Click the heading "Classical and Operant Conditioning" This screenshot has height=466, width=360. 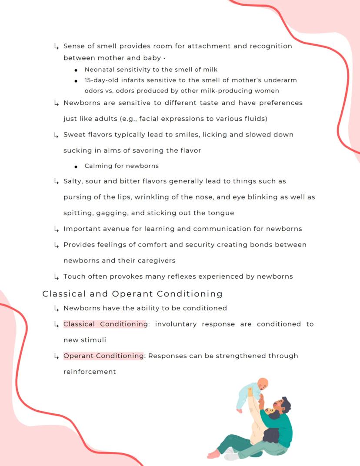point(132,294)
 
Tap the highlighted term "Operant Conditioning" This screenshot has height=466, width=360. point(103,356)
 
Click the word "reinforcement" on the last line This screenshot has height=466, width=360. point(90,372)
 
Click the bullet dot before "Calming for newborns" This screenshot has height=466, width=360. point(76,166)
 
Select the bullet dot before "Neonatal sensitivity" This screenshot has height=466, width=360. point(76,70)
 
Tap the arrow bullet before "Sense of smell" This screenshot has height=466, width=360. point(56,46)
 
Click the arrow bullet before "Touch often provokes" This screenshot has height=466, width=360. point(56,276)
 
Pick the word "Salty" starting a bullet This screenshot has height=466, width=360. point(73,181)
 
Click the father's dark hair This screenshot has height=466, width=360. point(286,404)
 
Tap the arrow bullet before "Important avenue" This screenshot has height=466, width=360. point(56,229)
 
